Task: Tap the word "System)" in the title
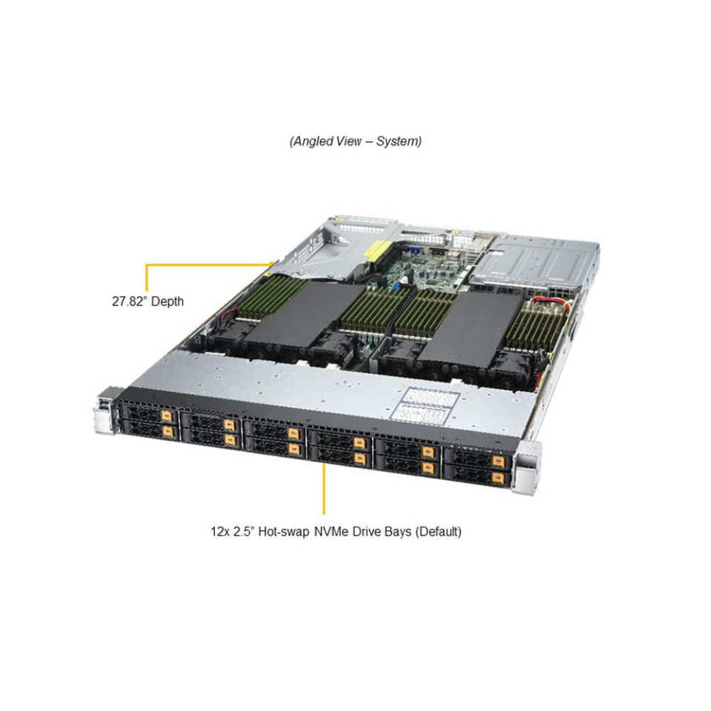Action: click(399, 141)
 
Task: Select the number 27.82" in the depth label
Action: click(129, 301)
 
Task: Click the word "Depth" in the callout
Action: click(168, 302)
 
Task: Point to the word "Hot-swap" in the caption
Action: click(284, 531)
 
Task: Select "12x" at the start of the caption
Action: click(220, 531)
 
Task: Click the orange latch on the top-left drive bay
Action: click(166, 416)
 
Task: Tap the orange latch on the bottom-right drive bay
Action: click(499, 478)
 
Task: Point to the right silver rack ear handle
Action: click(528, 467)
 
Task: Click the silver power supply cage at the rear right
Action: click(535, 263)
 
